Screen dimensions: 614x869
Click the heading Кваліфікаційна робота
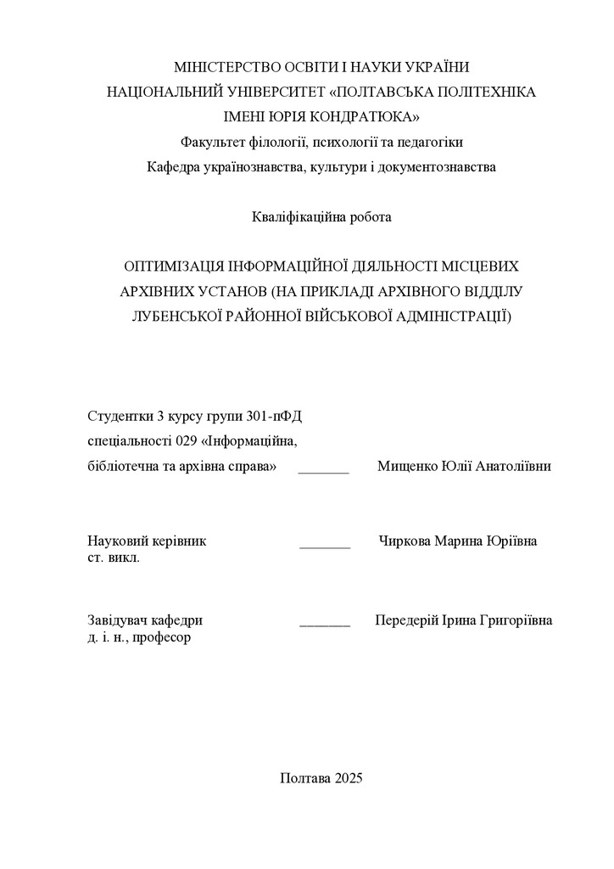(321, 216)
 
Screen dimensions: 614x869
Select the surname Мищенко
(405, 467)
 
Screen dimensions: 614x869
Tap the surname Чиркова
(405, 541)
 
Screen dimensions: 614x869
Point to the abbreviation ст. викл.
(114, 559)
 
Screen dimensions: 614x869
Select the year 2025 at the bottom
(349, 778)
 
